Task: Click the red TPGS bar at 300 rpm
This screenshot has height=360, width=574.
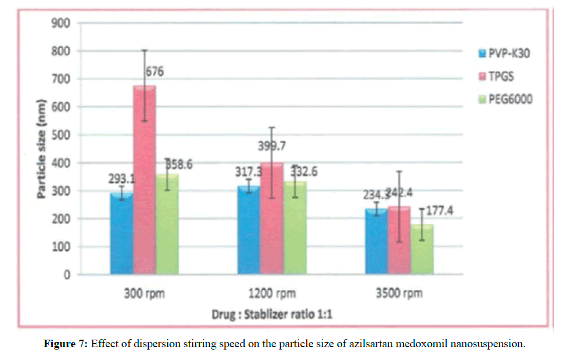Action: tap(144, 180)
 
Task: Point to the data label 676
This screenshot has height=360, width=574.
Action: tap(155, 72)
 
